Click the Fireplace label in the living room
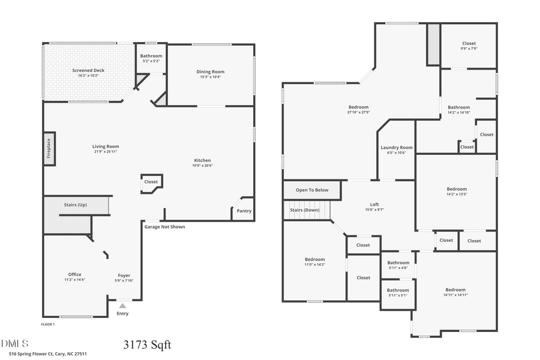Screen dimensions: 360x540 tap(49, 148)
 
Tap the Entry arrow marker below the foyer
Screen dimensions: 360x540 tap(122, 306)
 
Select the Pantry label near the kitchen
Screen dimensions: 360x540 tap(244, 211)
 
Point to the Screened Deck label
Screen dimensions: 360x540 tap(88, 70)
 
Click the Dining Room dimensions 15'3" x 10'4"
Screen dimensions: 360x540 tap(210, 77)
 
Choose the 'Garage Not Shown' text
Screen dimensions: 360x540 tap(164, 227)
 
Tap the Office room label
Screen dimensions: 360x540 tap(75, 275)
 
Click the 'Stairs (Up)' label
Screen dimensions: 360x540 tap(76, 205)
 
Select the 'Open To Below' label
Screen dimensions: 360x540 tap(312, 190)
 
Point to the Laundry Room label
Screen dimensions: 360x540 tap(397, 148)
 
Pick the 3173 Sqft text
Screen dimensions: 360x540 tap(147, 344)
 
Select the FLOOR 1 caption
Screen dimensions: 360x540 tap(48, 324)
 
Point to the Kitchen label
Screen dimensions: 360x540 tap(202, 160)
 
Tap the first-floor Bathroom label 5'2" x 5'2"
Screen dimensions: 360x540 tap(151, 56)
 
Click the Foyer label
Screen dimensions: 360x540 tap(124, 275)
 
